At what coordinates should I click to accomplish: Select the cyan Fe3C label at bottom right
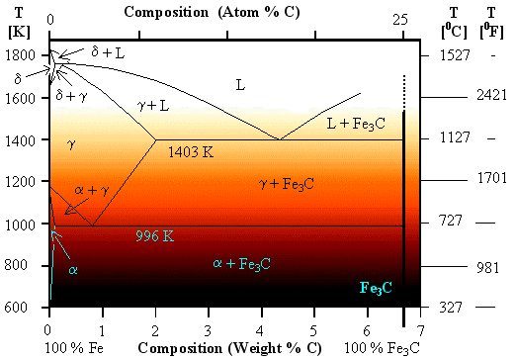pyautogui.click(x=376, y=288)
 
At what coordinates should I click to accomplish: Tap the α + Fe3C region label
pyautogui.click(x=242, y=263)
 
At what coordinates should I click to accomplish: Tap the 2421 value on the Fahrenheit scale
pyautogui.click(x=490, y=97)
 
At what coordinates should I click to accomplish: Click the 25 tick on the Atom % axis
pyautogui.click(x=400, y=19)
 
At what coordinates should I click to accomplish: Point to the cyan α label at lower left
pyautogui.click(x=72, y=269)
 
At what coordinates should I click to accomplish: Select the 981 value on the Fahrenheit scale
pyautogui.click(x=490, y=265)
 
